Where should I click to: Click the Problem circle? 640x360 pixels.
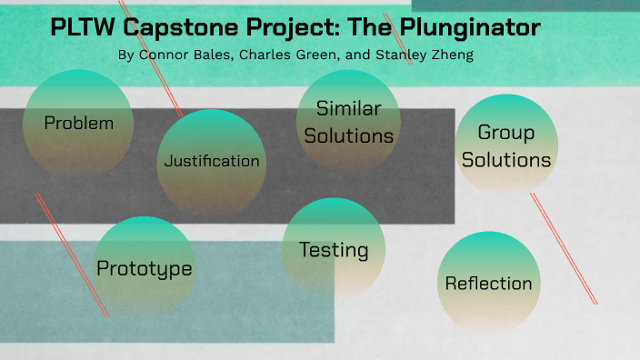click(80, 123)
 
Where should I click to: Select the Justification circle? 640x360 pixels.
click(212, 162)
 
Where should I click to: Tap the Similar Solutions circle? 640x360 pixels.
click(348, 121)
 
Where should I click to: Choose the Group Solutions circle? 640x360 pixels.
click(506, 145)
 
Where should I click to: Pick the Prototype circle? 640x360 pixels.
click(145, 268)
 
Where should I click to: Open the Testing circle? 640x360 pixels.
click(334, 249)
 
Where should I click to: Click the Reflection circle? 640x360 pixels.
click(488, 283)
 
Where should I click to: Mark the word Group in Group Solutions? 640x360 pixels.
click(506, 133)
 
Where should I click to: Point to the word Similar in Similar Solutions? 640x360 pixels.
click(348, 108)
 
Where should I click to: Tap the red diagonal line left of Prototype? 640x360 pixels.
click(72, 255)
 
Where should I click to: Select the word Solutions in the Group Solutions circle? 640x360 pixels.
click(506, 160)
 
